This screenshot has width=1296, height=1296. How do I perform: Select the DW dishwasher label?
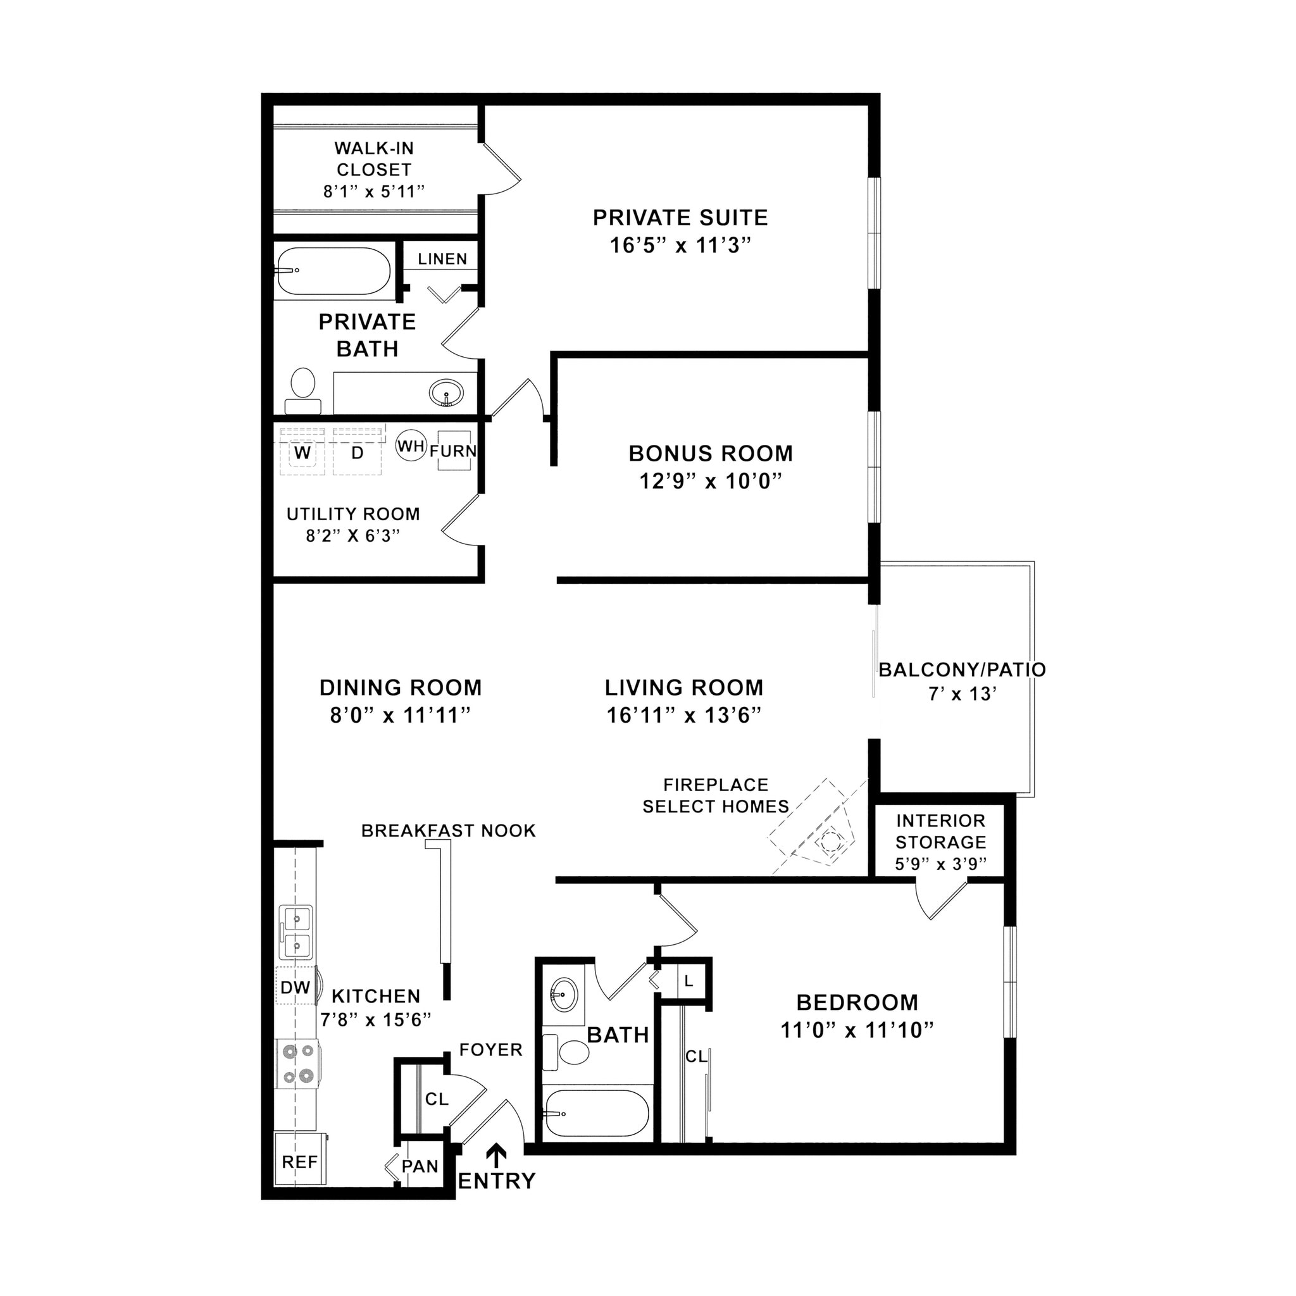point(295,987)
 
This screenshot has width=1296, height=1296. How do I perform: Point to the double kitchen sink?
point(296,932)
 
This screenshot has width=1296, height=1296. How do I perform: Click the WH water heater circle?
point(411,446)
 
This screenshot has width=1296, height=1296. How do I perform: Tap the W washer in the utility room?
point(302,453)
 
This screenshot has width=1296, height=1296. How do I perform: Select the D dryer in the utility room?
point(357,453)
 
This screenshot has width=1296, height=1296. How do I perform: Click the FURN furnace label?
point(454,451)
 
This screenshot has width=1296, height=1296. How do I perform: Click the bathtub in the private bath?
point(333,271)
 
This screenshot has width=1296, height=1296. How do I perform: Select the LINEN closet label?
point(442,259)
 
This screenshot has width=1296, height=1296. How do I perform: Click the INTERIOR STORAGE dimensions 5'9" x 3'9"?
point(940,864)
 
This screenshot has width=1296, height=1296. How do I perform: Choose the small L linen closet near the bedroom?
point(688,981)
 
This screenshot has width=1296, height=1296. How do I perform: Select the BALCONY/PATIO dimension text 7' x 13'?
point(961,694)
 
